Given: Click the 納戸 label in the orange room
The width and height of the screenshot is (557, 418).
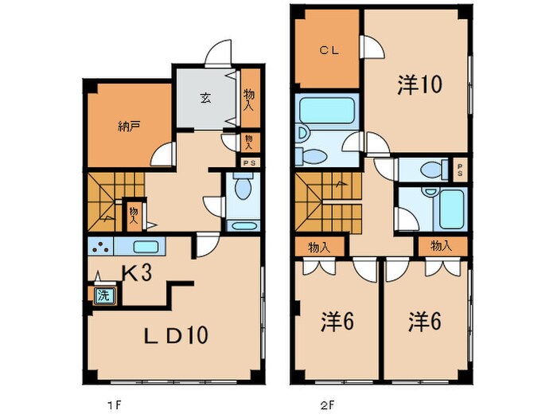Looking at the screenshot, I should [x=127, y=126].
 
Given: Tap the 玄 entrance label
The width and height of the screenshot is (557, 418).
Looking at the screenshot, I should [x=204, y=99].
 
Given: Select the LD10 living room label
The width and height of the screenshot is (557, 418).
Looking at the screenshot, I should [x=177, y=335].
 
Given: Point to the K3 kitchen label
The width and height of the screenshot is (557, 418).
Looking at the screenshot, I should [x=138, y=273].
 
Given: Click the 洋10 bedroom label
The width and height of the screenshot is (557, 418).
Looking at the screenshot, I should [x=419, y=85].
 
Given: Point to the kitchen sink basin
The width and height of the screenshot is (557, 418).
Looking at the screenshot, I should [x=146, y=246].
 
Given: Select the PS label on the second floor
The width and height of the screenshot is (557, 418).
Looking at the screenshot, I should [x=461, y=169].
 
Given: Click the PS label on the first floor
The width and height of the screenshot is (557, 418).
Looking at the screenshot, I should [x=248, y=162].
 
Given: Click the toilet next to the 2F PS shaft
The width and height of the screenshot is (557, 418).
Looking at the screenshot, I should [x=430, y=170].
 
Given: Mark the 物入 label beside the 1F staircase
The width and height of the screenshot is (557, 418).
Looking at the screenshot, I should [x=134, y=214].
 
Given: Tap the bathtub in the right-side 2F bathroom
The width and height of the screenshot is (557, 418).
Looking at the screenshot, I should [x=451, y=208].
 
